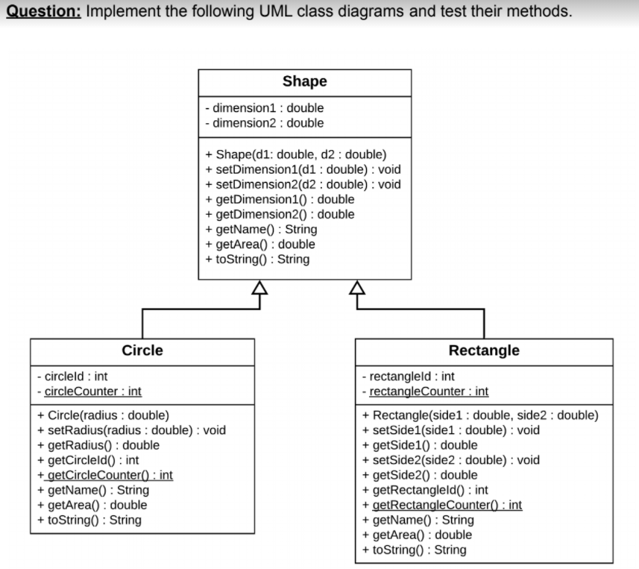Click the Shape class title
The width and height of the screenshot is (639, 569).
[304, 81]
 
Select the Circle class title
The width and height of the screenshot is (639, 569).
[142, 350]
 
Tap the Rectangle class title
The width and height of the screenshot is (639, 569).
[484, 350]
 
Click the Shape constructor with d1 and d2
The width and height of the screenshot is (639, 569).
[295, 154]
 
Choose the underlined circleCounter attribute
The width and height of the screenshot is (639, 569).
[89, 392]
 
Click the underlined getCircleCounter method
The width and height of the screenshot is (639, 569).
[105, 475]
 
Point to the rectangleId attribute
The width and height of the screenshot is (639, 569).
[407, 377]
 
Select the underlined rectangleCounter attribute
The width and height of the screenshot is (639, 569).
[424, 392]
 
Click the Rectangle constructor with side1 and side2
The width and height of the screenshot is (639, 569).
[479, 415]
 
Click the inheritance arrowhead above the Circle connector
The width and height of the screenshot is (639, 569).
[259, 287]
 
